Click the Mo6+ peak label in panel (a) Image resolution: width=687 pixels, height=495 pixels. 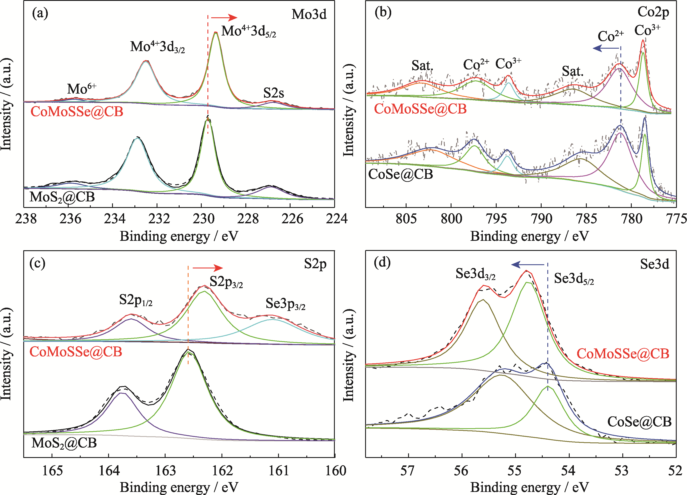[82, 89]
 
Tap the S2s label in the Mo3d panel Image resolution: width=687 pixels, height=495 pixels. [273, 93]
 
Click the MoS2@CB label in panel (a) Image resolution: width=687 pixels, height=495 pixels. [62, 197]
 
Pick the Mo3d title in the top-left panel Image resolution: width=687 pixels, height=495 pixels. [309, 14]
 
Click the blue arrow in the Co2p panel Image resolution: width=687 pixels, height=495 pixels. [606, 48]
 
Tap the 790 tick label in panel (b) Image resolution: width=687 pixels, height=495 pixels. [542, 219]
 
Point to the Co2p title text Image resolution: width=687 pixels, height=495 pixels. [653, 12]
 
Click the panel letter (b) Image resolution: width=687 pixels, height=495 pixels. [383, 13]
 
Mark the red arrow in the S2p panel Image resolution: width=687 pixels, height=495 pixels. [207, 268]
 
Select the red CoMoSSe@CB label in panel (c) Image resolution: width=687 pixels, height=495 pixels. [76, 352]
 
